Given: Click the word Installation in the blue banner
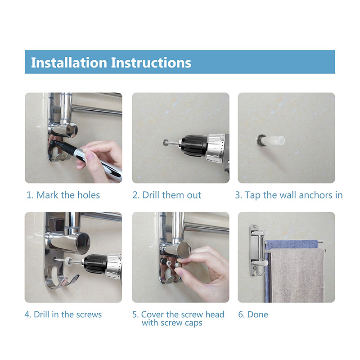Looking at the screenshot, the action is [69, 63].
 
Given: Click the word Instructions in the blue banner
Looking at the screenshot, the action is [151, 63].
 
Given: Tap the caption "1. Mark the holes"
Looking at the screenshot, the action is [63, 195].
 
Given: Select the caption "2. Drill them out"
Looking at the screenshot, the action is [166, 195].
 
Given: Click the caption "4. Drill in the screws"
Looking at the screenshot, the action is [63, 315].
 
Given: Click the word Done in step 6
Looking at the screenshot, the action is [257, 315].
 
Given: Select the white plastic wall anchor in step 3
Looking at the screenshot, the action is [273, 140].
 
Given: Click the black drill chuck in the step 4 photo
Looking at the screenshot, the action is [94, 264].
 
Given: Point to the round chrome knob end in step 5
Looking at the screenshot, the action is [184, 249].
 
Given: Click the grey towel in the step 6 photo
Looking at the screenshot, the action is [297, 275].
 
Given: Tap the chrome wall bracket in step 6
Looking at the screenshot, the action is [254, 250].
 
